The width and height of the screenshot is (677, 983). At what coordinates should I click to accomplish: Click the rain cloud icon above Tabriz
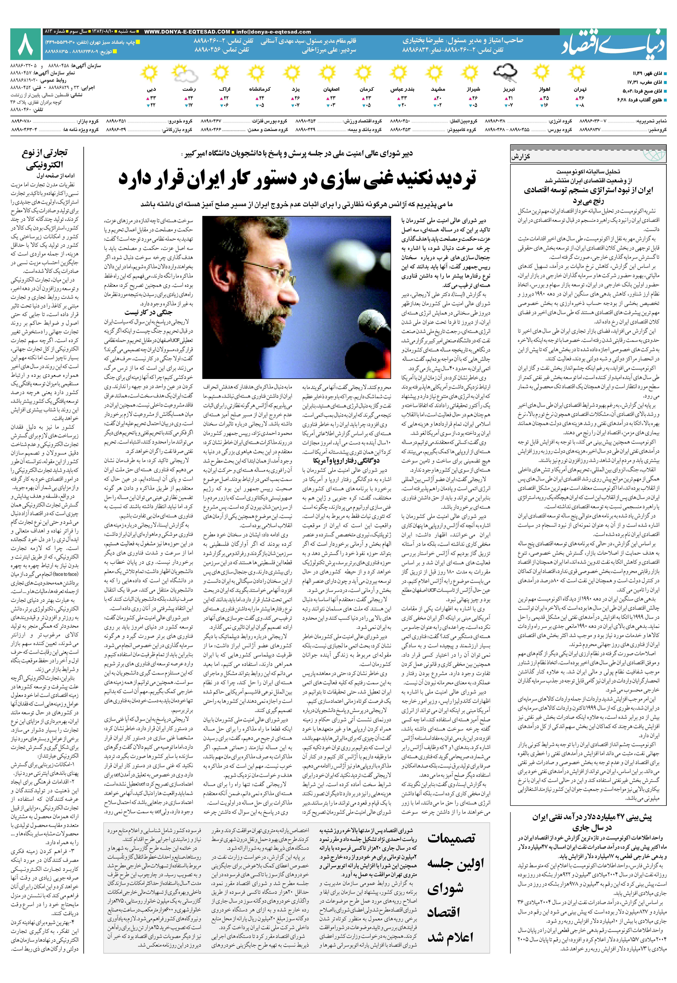pyautogui.click(x=505, y=73)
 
